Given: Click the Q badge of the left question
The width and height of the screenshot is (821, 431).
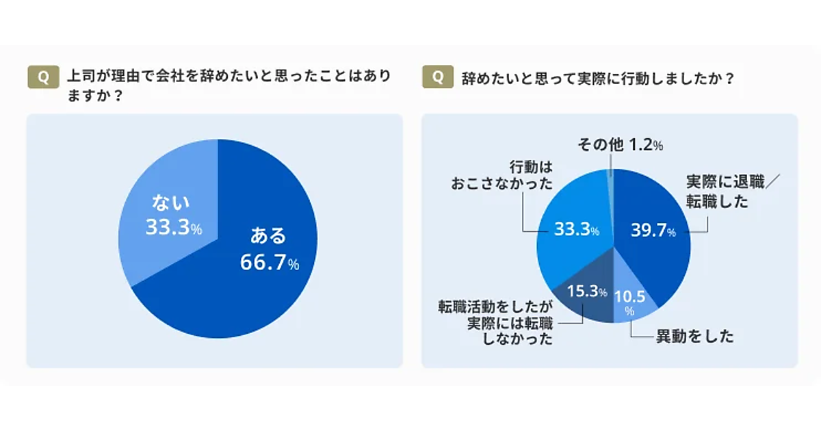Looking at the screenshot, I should [42, 77].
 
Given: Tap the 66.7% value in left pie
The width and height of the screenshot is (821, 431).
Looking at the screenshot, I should [270, 262].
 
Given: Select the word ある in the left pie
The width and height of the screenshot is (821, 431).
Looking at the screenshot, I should [268, 237].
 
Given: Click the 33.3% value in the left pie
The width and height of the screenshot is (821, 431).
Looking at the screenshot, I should [173, 228].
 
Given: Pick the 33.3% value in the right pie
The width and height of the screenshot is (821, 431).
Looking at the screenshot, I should [577, 230].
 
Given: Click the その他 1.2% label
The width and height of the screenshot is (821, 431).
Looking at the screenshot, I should [621, 145].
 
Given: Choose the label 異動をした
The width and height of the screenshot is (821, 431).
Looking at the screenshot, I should [694, 336].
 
